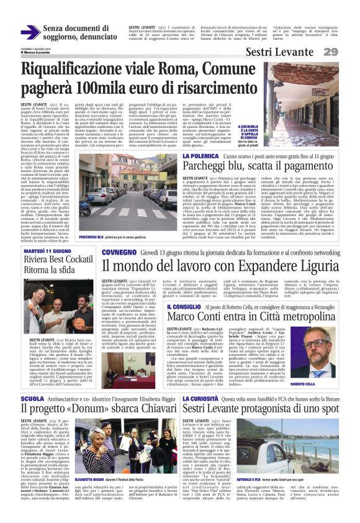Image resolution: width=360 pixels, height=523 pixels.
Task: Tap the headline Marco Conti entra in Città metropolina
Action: [259, 319]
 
